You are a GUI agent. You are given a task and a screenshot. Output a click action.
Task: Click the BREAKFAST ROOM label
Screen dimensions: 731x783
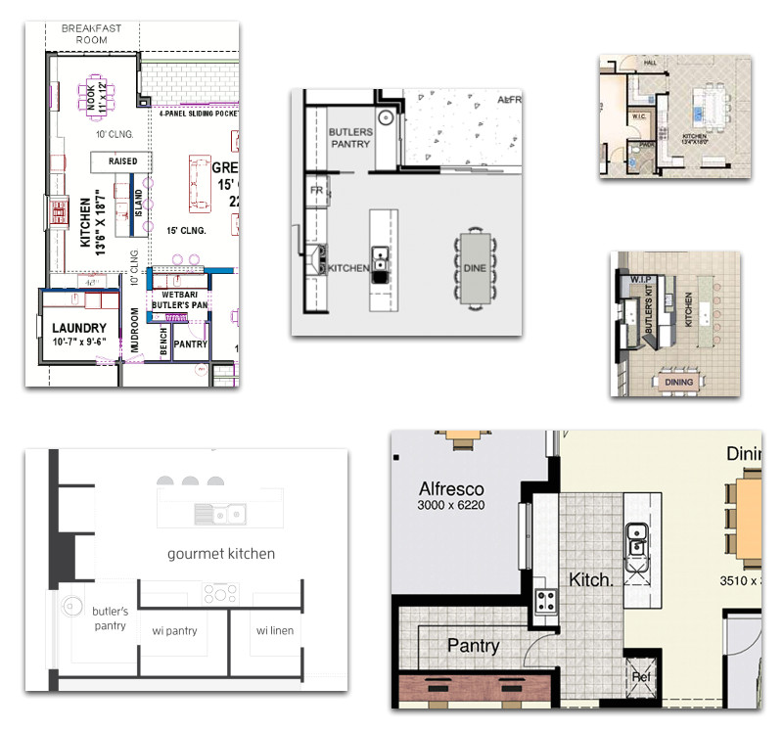coord(92,34)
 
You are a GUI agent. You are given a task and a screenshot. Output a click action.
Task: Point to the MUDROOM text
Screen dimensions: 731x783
coord(135,331)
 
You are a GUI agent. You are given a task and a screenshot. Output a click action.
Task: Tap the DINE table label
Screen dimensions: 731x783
coord(474,268)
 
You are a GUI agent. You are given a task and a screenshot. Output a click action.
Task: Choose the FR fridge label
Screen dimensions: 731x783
coord(317,190)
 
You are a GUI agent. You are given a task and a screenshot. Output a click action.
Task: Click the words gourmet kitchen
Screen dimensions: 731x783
coord(221,554)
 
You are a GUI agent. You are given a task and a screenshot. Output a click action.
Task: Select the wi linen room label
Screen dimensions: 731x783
coord(274,631)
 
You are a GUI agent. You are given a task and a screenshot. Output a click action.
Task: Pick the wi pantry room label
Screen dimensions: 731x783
coord(174,631)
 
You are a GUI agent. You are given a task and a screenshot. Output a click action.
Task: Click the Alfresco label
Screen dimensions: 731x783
coord(451,488)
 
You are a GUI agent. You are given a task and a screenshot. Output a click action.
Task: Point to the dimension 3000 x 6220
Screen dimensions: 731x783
coord(451,506)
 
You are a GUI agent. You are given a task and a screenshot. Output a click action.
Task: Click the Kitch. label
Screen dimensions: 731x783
coord(591,579)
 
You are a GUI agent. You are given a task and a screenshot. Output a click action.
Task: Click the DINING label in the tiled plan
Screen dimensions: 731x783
coord(678,382)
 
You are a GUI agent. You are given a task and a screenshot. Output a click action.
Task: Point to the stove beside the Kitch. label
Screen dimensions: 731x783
coord(544,599)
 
